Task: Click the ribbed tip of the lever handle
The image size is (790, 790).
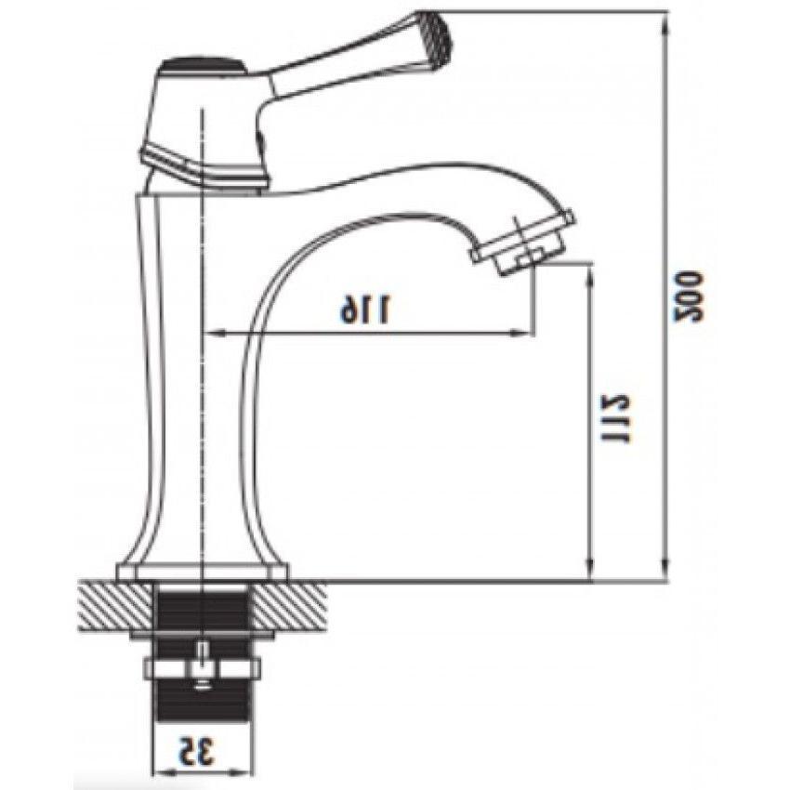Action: pyautogui.click(x=438, y=31)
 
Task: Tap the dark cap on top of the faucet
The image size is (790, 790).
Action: pyautogui.click(x=203, y=65)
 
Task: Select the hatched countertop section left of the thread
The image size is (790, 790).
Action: pyautogui.click(x=115, y=606)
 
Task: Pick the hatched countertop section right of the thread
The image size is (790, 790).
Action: pyautogui.click(x=289, y=606)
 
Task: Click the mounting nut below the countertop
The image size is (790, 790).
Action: pyautogui.click(x=202, y=668)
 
